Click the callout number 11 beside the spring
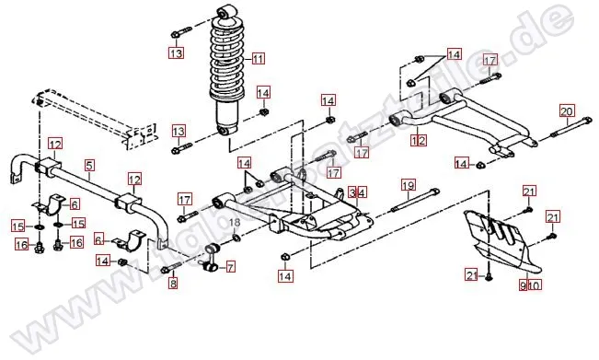click(258, 59)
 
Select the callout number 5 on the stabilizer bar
click(89, 166)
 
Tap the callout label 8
click(172, 284)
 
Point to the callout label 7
click(230, 267)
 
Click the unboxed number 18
click(234, 224)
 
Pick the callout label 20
click(567, 112)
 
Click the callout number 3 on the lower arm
click(351, 192)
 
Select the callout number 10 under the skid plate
click(536, 286)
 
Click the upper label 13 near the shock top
click(176, 53)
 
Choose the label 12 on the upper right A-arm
click(420, 141)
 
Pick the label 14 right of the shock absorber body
click(263, 93)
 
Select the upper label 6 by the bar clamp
click(75, 204)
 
